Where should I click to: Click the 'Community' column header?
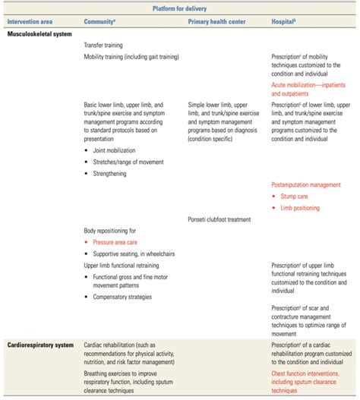pos(106,20)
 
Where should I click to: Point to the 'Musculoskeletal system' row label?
pos(39,33)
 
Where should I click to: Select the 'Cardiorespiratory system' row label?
pos(41,345)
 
